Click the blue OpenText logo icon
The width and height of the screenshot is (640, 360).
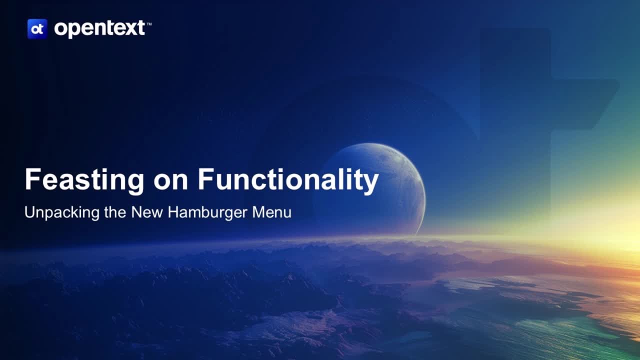tap(37, 29)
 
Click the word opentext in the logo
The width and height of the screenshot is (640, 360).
tap(99, 29)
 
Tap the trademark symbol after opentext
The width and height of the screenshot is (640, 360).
tap(148, 23)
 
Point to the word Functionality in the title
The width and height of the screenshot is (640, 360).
tap(288, 180)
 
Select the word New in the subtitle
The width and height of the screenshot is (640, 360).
tap(147, 212)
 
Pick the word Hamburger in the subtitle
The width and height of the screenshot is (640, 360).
tap(207, 213)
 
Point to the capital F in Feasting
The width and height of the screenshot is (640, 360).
tap(32, 179)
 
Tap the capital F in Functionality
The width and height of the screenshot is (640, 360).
tap(205, 179)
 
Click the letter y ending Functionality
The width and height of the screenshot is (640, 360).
tap(370, 182)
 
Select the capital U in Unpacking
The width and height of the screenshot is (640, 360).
tap(29, 212)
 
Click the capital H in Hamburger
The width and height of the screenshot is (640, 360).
tap(173, 212)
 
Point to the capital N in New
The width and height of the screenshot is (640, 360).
tap(136, 212)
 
